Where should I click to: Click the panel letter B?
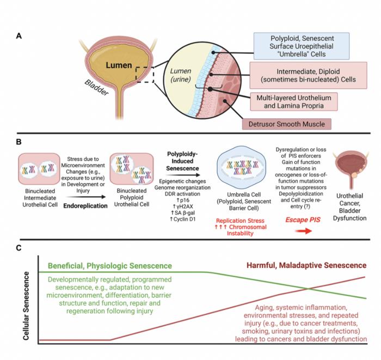click(x=19, y=143)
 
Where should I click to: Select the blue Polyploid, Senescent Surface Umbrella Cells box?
click(x=308, y=46)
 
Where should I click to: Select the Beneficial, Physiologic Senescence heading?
click(x=110, y=265)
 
